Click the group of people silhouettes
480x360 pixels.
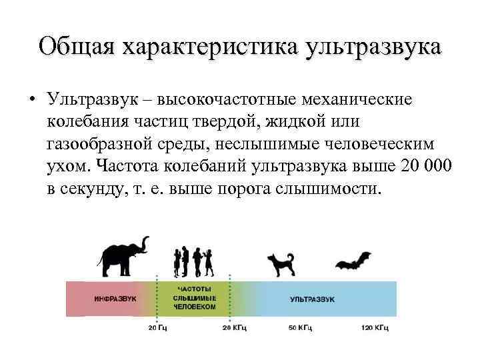pyautogui.click(x=193, y=261)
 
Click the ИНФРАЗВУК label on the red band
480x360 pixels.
pyautogui.click(x=115, y=299)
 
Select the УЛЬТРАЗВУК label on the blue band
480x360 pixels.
pyautogui.click(x=312, y=299)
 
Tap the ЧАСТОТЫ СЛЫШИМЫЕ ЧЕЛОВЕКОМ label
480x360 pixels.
pyautogui.click(x=194, y=299)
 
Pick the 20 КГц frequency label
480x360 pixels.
pyautogui.click(x=235, y=327)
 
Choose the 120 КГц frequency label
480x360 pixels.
pyautogui.click(x=375, y=327)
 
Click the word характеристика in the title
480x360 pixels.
pyautogui.click(x=211, y=47)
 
